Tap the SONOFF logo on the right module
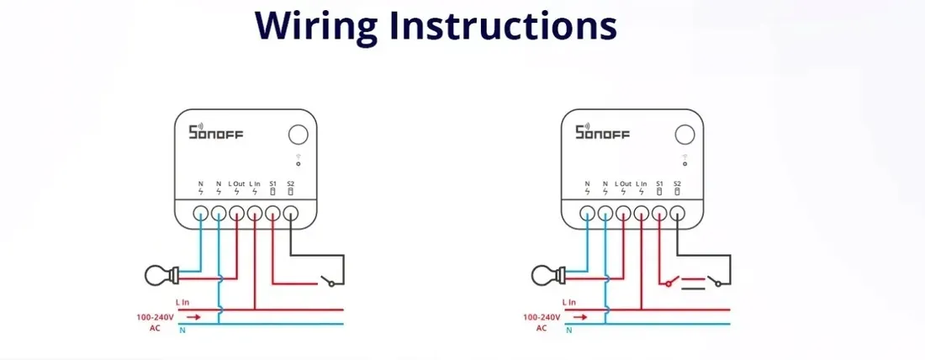pyautogui.click(x=602, y=132)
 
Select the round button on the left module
pyautogui.click(x=298, y=135)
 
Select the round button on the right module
pyautogui.click(x=685, y=135)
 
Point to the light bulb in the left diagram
pyautogui.click(x=159, y=273)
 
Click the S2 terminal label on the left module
pyautogui.click(x=291, y=183)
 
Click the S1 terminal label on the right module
pyautogui.click(x=660, y=183)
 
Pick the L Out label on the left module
pyautogui.click(x=236, y=183)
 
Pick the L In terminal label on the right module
pyautogui.click(x=642, y=183)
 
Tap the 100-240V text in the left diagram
pyautogui.click(x=156, y=317)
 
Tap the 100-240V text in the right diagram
pyautogui.click(x=542, y=317)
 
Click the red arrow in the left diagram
pyautogui.click(x=193, y=317)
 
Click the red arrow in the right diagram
pyautogui.click(x=579, y=317)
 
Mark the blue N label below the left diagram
pyautogui.click(x=182, y=331)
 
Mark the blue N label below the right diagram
pyautogui.click(x=568, y=331)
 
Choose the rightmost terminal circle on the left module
pyautogui.click(x=291, y=213)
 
